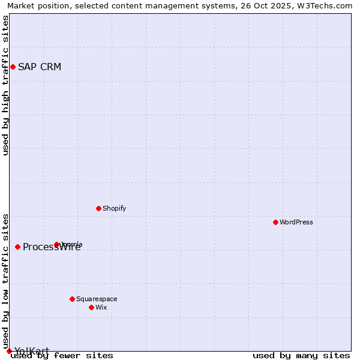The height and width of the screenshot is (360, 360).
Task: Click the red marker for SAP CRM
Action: (13, 67)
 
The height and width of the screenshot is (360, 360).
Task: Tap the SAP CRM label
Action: (40, 67)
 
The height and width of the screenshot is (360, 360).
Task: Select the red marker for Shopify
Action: (98, 208)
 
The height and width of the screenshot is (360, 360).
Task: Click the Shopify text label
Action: (114, 208)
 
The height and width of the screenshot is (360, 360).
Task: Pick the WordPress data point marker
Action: (275, 222)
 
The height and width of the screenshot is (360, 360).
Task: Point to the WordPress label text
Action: (296, 222)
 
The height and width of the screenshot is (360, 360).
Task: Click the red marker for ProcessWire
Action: (17, 247)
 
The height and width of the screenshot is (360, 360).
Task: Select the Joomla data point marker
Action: (56, 244)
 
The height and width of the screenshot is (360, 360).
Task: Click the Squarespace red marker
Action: (72, 299)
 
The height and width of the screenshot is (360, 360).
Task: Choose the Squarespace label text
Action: (97, 299)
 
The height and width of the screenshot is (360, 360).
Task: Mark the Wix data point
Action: (91, 307)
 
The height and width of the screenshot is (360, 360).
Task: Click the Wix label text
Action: (101, 307)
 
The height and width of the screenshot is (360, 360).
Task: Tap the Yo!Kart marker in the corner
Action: (9, 351)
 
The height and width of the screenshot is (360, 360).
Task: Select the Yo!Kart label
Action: (32, 351)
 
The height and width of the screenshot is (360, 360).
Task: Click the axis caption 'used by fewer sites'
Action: (62, 356)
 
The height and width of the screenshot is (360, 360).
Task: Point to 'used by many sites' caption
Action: (301, 356)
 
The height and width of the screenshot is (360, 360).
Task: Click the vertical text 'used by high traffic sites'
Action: (6, 85)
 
